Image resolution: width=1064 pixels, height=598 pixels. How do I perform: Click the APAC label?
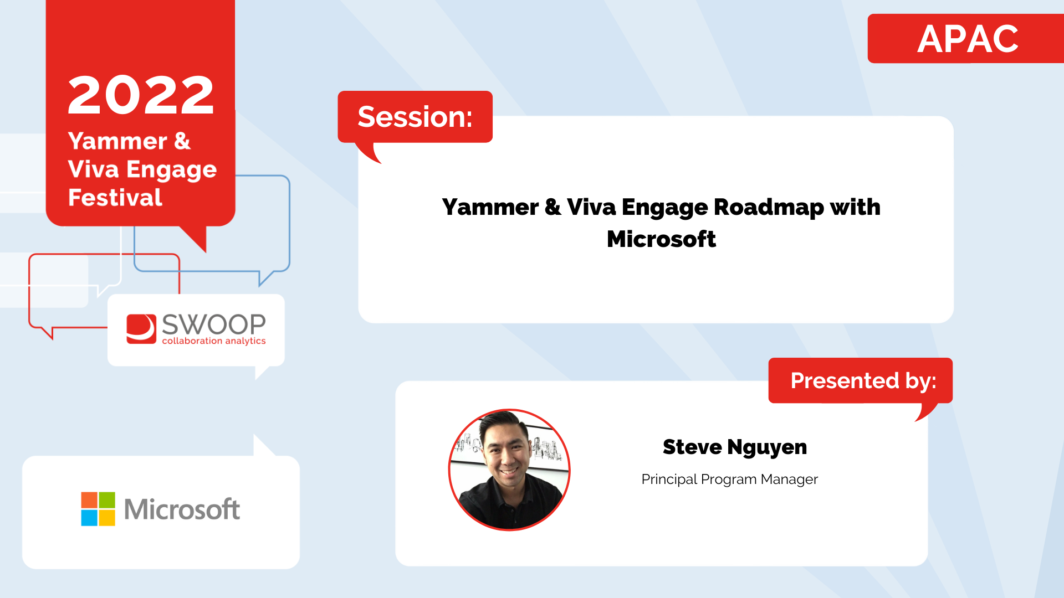[x=968, y=39]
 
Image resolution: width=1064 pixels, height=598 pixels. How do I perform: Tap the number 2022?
[x=141, y=95]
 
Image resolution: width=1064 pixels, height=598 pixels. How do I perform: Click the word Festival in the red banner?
[x=115, y=198]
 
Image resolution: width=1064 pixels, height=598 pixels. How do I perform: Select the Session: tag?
[x=415, y=117]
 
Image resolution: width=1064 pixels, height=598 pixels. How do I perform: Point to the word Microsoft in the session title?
[x=661, y=239]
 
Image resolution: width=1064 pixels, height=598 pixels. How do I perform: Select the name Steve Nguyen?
[x=735, y=447]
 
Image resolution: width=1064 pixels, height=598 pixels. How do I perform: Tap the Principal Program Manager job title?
[x=729, y=480]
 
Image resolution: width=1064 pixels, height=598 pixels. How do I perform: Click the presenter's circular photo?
[x=509, y=470]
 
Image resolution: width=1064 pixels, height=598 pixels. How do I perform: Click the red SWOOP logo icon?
[x=141, y=329]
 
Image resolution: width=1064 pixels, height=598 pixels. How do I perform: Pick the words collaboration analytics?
[x=214, y=341]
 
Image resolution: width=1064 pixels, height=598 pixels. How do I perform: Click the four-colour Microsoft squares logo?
[x=98, y=509]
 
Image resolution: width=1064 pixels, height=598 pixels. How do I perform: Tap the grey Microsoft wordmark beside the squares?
[x=182, y=509]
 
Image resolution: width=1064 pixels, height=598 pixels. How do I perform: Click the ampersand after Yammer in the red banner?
[x=182, y=141]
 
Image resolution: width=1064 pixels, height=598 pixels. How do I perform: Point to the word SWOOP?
[x=214, y=324]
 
